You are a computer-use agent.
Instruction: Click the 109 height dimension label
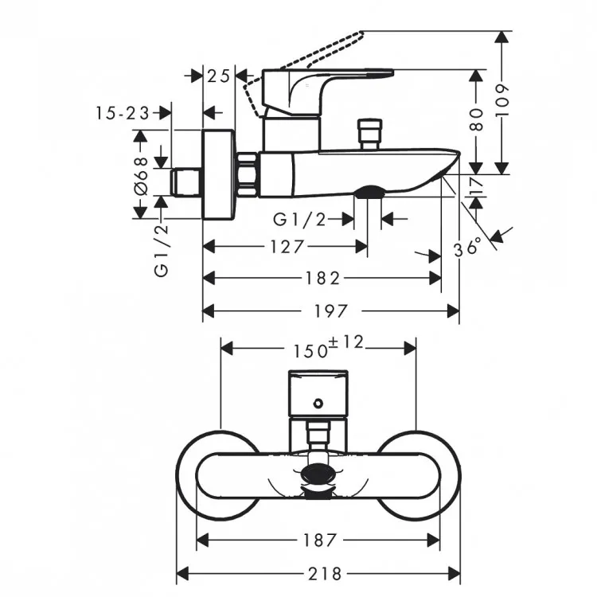coord(502,100)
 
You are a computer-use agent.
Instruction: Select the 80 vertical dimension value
coord(476,119)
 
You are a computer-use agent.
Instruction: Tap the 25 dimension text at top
coord(219,76)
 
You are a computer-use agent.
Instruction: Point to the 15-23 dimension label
coord(123,113)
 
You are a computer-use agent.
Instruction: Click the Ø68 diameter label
coord(141,176)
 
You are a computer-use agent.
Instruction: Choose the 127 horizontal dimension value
coord(287,247)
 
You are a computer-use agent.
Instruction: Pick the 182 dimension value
coord(322,279)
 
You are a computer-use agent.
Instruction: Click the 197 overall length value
coord(330,311)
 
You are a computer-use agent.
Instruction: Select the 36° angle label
coord(467,248)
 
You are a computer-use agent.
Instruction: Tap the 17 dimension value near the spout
coord(476,185)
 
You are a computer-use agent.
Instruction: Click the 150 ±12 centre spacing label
coord(328,347)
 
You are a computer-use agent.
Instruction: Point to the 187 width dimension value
coord(320,540)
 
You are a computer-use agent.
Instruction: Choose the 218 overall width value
coord(325,573)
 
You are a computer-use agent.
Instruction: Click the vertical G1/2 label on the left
coord(161,250)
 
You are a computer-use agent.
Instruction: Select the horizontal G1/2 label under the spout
coord(300,220)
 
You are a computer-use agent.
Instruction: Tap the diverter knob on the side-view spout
coord(369,134)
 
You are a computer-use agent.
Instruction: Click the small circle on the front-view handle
coord(318,404)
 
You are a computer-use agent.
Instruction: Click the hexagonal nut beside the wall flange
coord(248,175)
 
